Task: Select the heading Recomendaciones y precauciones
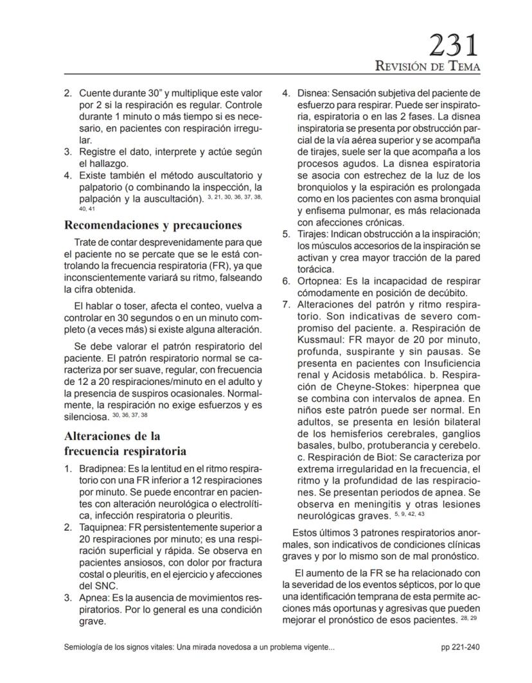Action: [x=153, y=225]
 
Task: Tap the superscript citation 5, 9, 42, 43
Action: [x=410, y=514]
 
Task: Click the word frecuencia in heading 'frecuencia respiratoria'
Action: [x=97, y=449]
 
